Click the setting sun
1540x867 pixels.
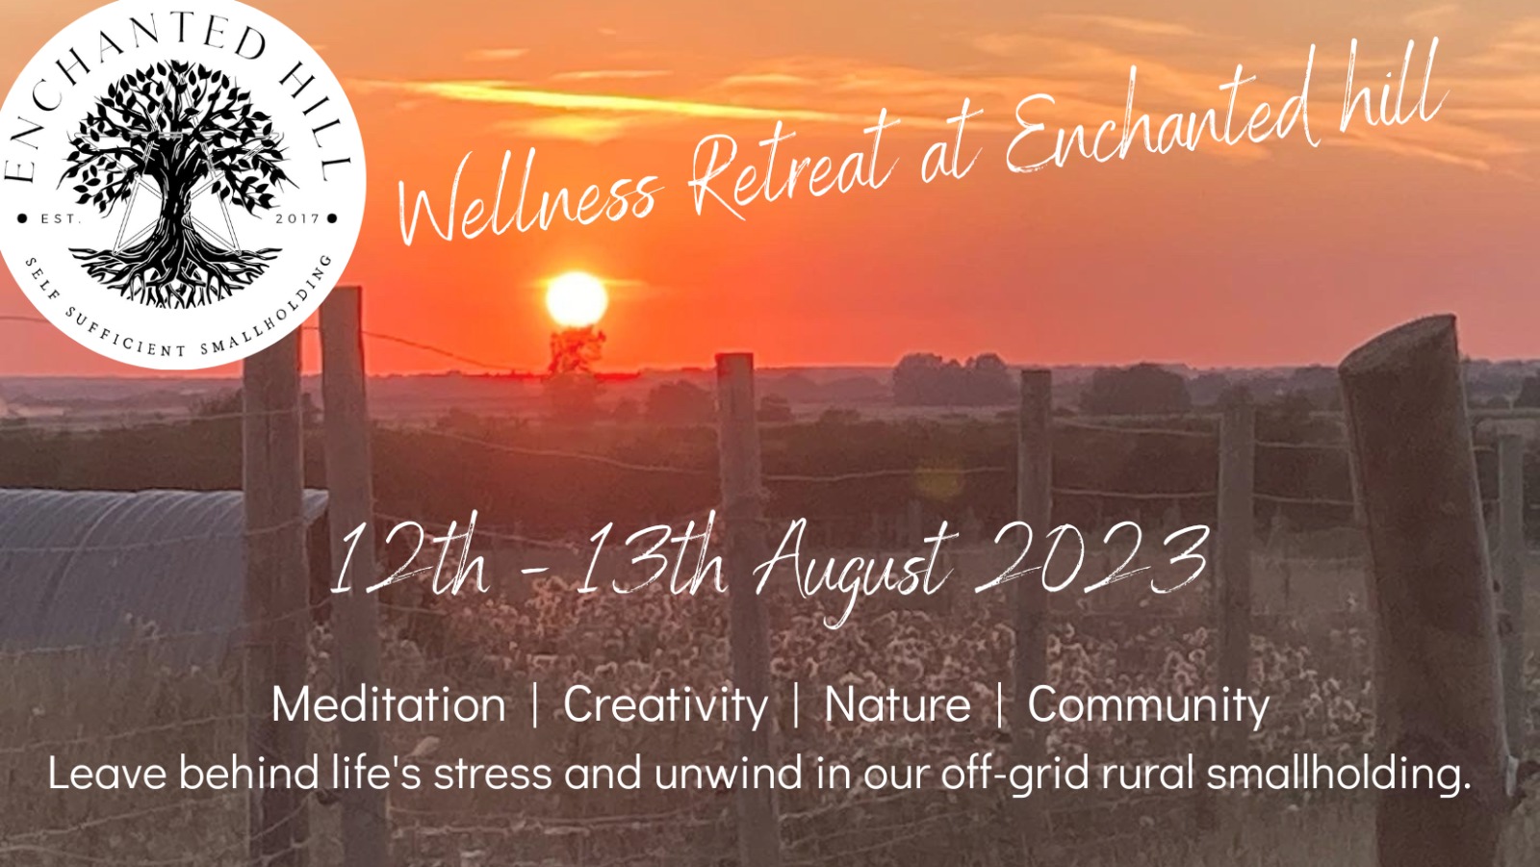(577, 299)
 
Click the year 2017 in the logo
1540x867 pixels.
(297, 218)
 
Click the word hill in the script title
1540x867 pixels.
(1396, 87)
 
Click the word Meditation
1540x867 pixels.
(389, 704)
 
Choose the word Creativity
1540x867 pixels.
(665, 704)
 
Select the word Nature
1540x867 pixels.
(897, 704)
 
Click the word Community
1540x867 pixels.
(1148, 704)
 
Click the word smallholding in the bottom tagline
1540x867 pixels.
(1338, 774)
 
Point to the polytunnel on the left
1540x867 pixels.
(125, 558)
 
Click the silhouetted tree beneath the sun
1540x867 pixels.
(575, 350)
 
